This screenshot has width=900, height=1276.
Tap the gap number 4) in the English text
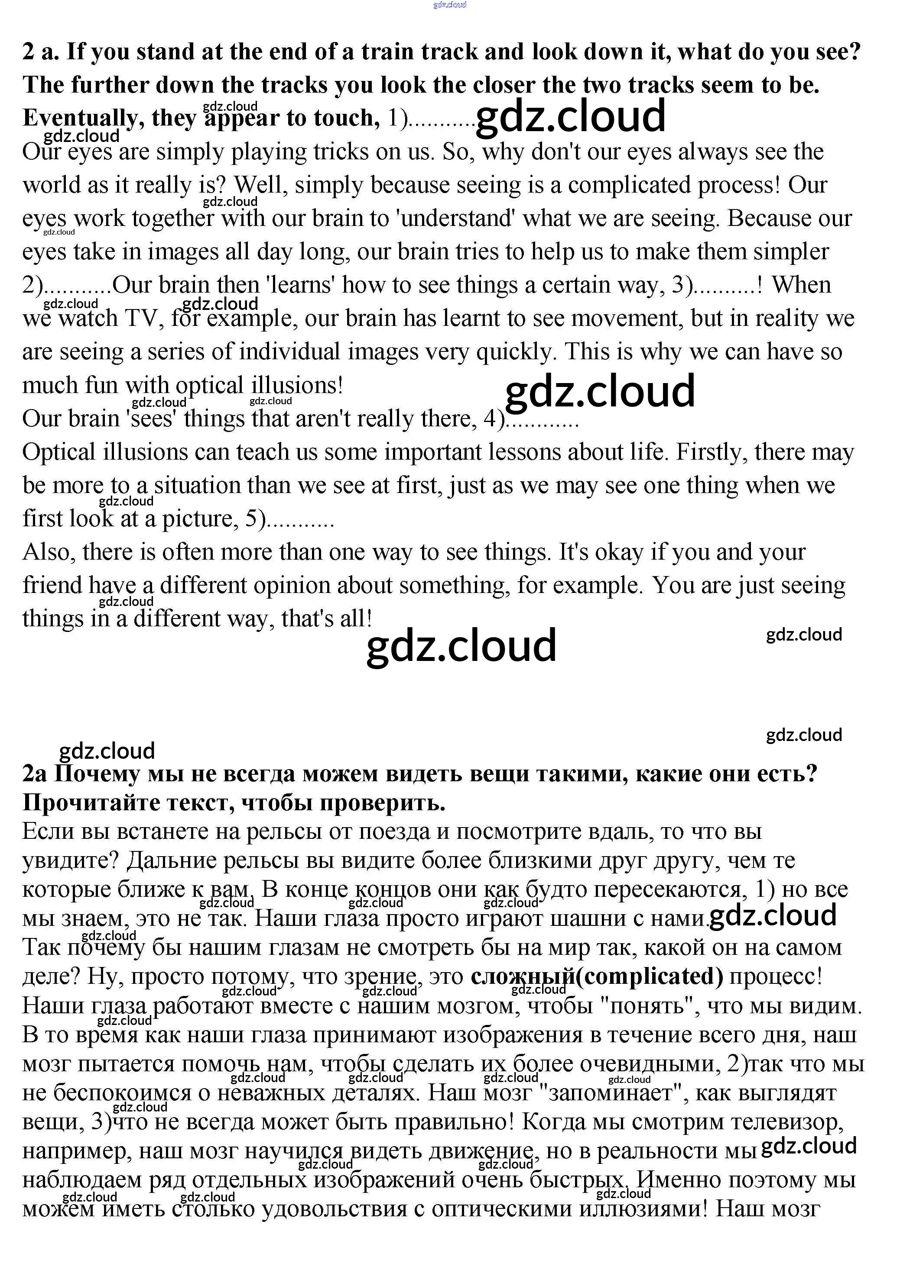[494, 419]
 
